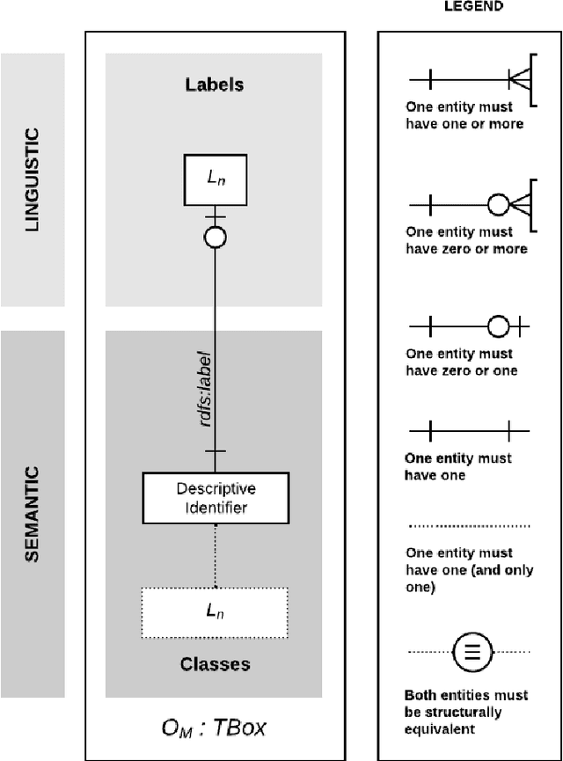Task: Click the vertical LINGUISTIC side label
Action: point(33,181)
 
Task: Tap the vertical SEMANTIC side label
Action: point(33,514)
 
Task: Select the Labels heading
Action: point(214,85)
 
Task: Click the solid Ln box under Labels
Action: point(215,178)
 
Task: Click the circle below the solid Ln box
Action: point(215,237)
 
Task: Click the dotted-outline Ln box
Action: point(215,611)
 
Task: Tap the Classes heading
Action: point(215,663)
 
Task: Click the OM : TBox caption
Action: point(214,728)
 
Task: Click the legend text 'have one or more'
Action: point(464,124)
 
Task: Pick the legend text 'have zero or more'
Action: point(466,249)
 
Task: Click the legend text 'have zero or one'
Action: point(461,370)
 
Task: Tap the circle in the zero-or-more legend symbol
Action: point(499,205)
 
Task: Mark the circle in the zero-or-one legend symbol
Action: point(499,327)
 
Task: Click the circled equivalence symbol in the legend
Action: point(471,652)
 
